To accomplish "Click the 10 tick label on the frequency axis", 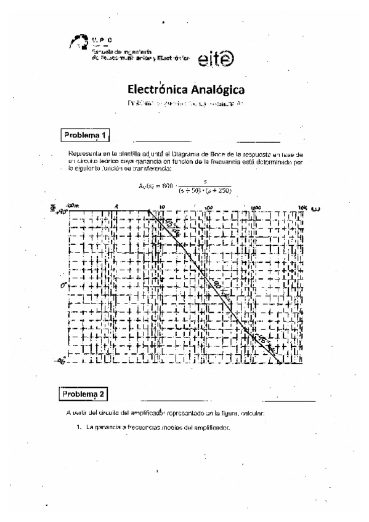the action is [x=162, y=207].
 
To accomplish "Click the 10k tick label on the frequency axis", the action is [x=302, y=207].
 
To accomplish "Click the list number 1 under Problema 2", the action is [x=79, y=428].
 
